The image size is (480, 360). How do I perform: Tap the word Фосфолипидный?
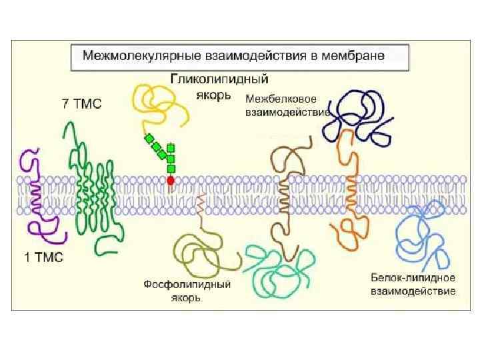point(187,285)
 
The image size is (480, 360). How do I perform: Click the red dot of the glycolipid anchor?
point(171,180)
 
